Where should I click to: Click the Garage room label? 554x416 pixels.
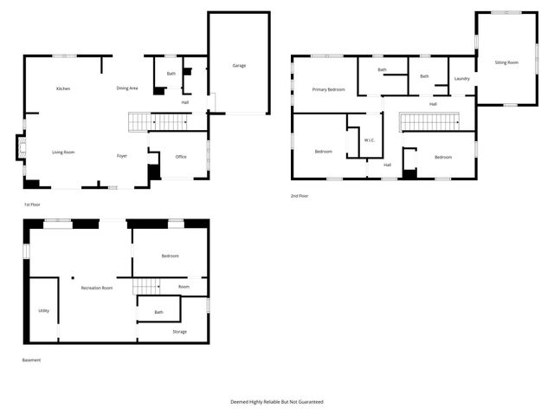(238, 66)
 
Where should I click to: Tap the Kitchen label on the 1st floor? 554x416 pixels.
(63, 88)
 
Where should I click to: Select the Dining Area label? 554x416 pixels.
(127, 88)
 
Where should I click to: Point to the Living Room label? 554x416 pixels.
(63, 152)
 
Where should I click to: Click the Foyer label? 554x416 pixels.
(123, 156)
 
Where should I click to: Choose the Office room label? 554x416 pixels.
(181, 157)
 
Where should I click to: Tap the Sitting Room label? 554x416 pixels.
(506, 63)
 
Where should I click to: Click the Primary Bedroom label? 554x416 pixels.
(328, 89)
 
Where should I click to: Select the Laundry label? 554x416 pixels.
(461, 79)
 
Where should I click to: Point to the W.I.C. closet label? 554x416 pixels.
(369, 140)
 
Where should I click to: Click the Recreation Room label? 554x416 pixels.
(97, 288)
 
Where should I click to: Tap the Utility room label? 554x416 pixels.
(43, 310)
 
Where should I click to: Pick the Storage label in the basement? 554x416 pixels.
(179, 331)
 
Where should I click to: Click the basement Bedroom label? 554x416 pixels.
(170, 256)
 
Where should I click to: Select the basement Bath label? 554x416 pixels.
(158, 312)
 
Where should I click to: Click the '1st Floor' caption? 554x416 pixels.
(34, 205)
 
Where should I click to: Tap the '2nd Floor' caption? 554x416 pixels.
(300, 196)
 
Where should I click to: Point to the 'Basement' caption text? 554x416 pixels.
(31, 360)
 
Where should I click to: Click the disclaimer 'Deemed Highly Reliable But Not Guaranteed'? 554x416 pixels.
(277, 401)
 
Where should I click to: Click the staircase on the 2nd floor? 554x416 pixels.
(431, 122)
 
